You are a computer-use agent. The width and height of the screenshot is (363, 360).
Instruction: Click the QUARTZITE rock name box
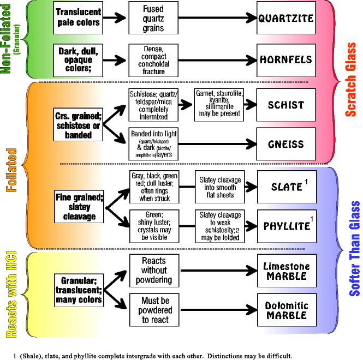click(285, 17)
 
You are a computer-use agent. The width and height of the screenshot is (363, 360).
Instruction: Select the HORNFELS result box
click(285, 59)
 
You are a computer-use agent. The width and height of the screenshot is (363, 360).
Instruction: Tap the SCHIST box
click(285, 104)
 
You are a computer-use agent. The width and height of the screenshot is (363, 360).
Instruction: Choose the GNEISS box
click(285, 145)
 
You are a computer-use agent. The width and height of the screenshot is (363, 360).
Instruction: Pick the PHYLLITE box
click(285, 225)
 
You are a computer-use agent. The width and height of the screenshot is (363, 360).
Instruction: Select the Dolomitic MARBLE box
click(285, 310)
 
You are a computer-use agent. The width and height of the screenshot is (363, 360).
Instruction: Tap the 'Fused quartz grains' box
click(153, 18)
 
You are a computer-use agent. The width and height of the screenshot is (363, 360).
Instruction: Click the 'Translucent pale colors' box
click(78, 18)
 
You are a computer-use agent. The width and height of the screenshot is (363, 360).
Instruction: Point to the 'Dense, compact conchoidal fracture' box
click(153, 59)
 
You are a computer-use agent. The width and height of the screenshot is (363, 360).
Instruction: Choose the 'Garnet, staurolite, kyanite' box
click(218, 104)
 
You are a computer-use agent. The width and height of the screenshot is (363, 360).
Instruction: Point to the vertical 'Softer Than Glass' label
click(354, 248)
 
